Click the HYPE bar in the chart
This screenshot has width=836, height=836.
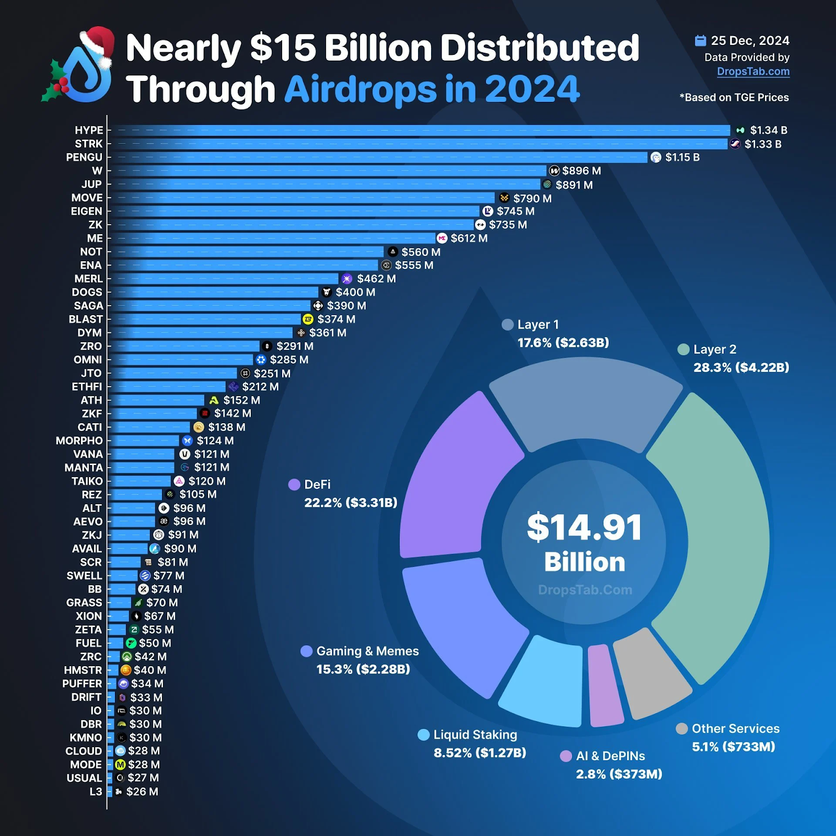pyautogui.click(x=418, y=130)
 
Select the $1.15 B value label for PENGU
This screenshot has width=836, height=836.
pyautogui.click(x=682, y=157)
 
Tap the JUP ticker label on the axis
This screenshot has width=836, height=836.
pyautogui.click(x=91, y=184)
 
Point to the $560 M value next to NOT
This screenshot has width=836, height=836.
pyautogui.click(x=421, y=252)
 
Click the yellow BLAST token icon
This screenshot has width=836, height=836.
pyautogui.click(x=308, y=319)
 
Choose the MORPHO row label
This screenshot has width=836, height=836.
pyautogui.click(x=79, y=440)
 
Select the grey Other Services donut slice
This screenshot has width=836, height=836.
pyautogui.click(x=653, y=674)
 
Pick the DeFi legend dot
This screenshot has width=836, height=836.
pyautogui.click(x=294, y=484)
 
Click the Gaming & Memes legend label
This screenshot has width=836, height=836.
pyautogui.click(x=367, y=651)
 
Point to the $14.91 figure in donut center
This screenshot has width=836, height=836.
pyautogui.click(x=584, y=528)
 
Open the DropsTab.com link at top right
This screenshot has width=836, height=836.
pyautogui.click(x=753, y=72)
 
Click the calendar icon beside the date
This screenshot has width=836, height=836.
pyautogui.click(x=700, y=40)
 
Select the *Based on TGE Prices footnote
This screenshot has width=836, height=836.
pyautogui.click(x=734, y=98)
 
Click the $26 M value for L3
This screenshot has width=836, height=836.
pyautogui.click(x=142, y=792)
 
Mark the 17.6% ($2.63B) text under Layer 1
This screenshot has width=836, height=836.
pyautogui.click(x=563, y=343)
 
